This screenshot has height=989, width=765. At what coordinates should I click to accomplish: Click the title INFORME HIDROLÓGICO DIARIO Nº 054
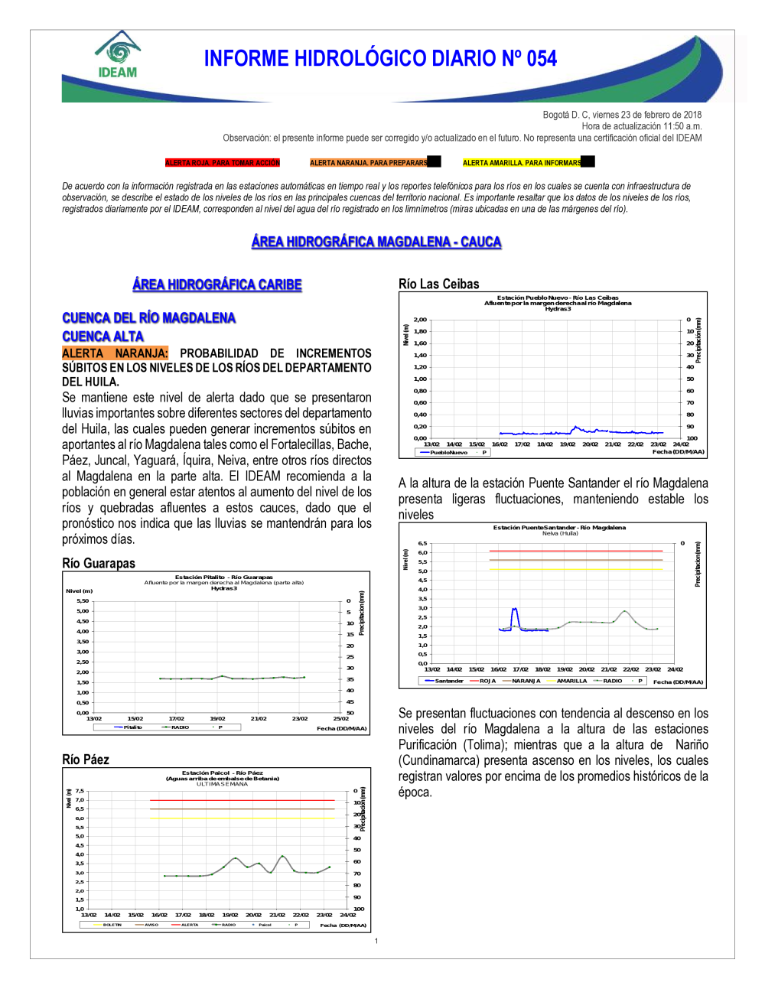[x=380, y=59]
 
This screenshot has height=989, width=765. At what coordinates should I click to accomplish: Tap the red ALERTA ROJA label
[x=223, y=163]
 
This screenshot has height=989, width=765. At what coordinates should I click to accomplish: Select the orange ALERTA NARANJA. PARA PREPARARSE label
[x=369, y=163]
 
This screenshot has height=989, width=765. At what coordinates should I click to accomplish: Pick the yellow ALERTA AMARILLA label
[x=522, y=163]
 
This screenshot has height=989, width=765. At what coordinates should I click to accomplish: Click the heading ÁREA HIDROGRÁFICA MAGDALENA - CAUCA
[x=376, y=242]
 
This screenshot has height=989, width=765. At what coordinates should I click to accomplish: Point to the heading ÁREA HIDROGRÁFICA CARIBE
[x=217, y=285]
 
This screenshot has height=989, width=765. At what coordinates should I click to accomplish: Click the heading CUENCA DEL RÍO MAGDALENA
[x=148, y=317]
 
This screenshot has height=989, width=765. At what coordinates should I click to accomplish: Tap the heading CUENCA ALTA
[x=103, y=337]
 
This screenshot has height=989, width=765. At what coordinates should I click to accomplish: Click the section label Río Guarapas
[x=99, y=564]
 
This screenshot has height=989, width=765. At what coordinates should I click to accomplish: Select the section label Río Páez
[x=86, y=760]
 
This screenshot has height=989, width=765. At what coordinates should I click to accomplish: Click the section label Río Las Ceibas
[x=439, y=284]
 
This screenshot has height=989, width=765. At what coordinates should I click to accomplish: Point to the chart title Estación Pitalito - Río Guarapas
[x=224, y=577]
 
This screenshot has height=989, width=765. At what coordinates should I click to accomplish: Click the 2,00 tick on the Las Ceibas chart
[x=420, y=320]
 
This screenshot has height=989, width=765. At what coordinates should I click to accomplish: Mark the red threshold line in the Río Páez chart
[x=242, y=800]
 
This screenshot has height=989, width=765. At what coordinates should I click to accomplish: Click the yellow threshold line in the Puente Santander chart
[x=575, y=570]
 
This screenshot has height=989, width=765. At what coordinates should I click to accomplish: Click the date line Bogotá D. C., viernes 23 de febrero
[x=622, y=115]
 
